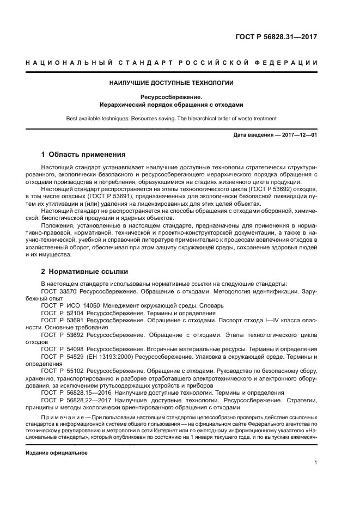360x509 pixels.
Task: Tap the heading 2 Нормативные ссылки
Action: (x=86, y=271)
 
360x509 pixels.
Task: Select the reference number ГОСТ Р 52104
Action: (x=63, y=313)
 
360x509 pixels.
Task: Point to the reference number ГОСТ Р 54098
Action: (x=63, y=349)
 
